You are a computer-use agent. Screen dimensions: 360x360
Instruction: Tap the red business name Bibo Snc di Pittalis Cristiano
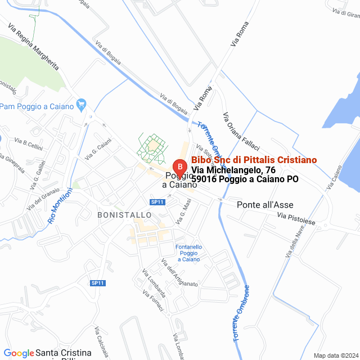254,160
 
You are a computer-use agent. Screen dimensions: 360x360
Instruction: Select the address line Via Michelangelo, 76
233,170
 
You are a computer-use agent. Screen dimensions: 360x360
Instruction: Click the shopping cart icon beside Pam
82,104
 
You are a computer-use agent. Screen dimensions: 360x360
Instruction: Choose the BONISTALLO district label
124,215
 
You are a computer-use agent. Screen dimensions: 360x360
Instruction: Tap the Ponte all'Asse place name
265,205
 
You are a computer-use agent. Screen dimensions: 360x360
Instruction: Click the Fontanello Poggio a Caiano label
188,253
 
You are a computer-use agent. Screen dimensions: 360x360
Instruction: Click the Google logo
19,353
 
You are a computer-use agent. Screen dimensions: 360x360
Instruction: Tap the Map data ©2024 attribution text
335,355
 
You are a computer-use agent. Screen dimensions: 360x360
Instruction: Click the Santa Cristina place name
63,353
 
